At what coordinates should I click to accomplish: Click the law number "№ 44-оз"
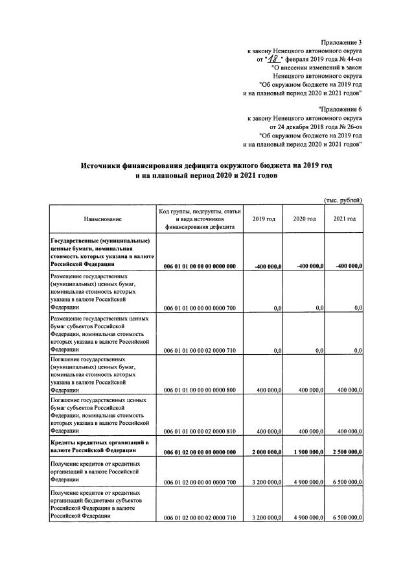tap(349, 58)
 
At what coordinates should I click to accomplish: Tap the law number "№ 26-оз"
tap(349, 127)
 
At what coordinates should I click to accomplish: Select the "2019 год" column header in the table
tap(264, 219)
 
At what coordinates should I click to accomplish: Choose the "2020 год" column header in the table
tap(304, 219)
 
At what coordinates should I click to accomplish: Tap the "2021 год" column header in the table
tap(344, 219)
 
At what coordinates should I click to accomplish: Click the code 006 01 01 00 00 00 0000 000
tap(200, 266)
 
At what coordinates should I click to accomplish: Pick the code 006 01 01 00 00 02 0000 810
tap(200, 431)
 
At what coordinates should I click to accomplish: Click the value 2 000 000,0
tap(263, 451)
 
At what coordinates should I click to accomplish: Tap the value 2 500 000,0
tap(344, 451)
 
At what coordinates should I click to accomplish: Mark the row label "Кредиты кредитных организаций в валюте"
tap(100, 442)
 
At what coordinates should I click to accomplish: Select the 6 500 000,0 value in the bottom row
tap(344, 518)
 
